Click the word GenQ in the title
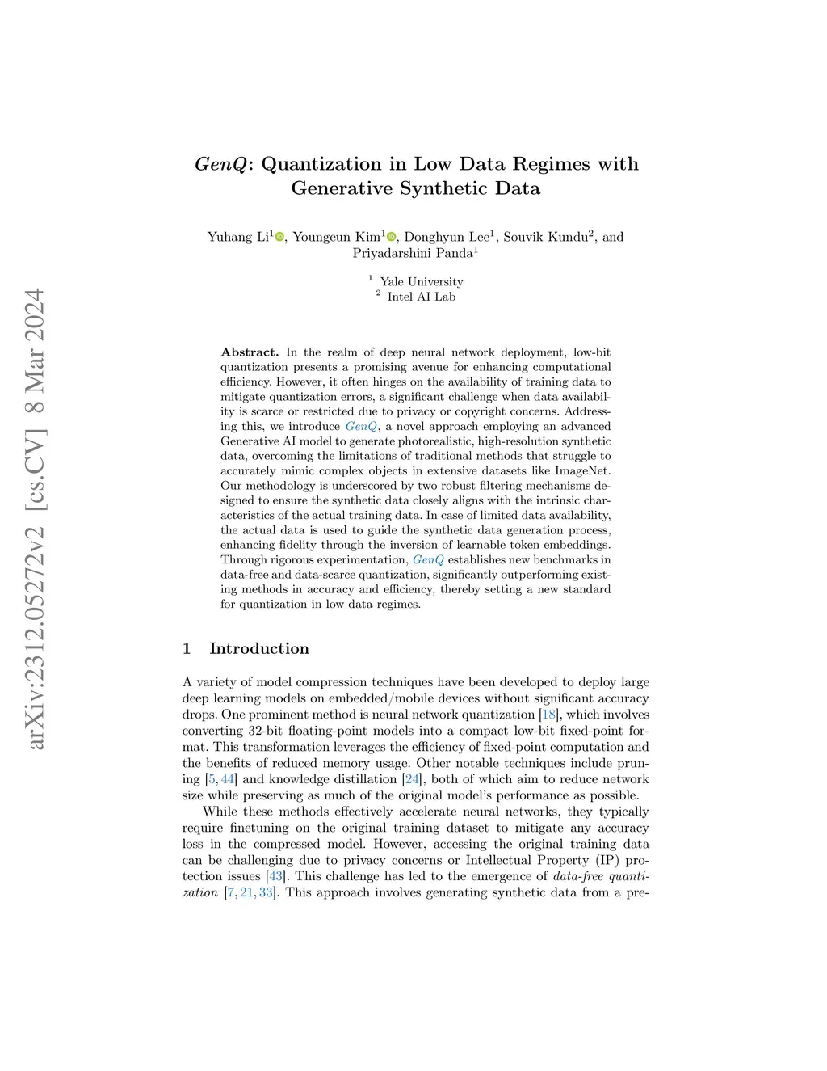(220, 164)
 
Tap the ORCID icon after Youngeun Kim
(392, 237)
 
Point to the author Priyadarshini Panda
(412, 253)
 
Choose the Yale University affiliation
(422, 281)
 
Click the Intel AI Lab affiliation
(422, 297)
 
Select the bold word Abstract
(249, 352)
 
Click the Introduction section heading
(258, 648)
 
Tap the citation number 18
(549, 715)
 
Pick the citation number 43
(275, 876)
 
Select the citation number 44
(228, 779)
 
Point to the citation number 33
(266, 892)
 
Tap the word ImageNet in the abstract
(582, 470)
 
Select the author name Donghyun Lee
(446, 237)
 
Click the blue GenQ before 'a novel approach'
(361, 426)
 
